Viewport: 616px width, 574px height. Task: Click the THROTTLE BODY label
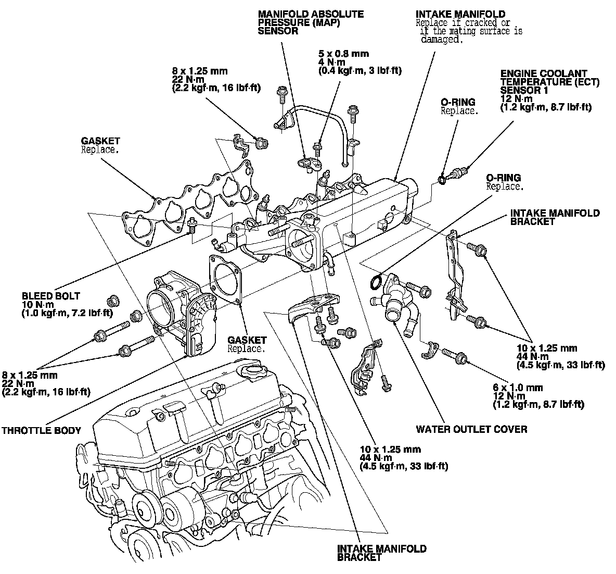(x=41, y=430)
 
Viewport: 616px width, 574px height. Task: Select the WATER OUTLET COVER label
(x=471, y=429)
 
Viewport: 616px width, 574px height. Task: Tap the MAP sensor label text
(x=311, y=22)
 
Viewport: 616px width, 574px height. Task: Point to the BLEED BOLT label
(x=51, y=296)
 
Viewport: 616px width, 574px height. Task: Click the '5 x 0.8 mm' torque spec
(x=343, y=54)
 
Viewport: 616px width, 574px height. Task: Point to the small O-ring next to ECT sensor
(x=441, y=180)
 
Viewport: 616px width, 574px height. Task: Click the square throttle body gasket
(x=226, y=279)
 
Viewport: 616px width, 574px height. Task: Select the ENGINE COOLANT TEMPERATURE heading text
(x=550, y=78)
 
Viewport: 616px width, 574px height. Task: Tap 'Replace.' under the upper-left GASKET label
(x=100, y=149)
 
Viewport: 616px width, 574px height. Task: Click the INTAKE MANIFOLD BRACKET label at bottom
(x=382, y=553)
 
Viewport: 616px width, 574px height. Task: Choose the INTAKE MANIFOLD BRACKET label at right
(x=555, y=217)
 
